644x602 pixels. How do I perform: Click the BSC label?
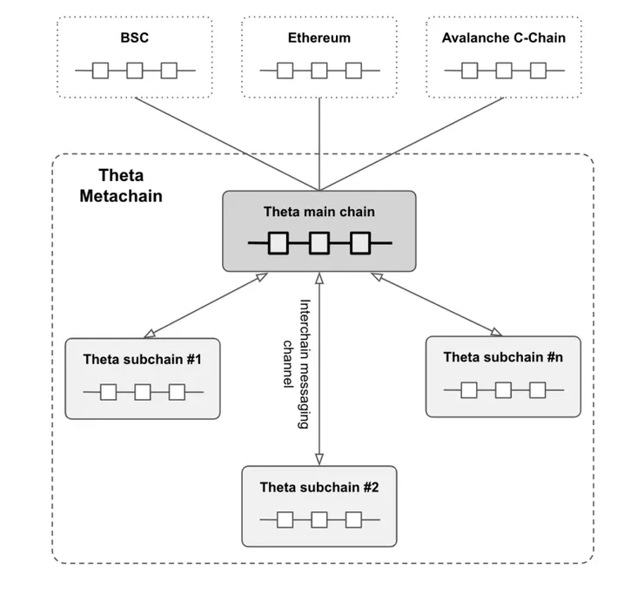coord(135,37)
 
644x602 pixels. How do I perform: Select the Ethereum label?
coord(319,37)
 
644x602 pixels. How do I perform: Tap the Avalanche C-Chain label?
coord(503,37)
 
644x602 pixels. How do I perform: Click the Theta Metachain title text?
coord(120,186)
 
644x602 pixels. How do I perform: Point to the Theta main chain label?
coord(319,211)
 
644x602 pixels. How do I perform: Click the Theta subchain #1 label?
coord(143,358)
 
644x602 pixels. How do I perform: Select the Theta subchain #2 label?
coord(319,486)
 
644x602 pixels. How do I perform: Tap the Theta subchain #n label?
coord(503,356)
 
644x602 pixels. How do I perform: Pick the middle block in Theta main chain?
coord(319,242)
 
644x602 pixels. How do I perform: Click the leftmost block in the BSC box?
coord(101,70)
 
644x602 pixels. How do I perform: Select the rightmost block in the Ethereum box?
coord(352,70)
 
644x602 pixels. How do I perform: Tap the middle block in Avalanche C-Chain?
coord(505,70)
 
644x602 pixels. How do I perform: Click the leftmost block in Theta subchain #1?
coord(108,392)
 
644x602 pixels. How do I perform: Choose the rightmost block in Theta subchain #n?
coord(538,389)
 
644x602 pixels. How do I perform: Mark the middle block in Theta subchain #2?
coord(319,520)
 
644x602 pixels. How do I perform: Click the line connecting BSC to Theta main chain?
coord(218,140)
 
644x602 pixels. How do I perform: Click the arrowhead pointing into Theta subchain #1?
coord(150,332)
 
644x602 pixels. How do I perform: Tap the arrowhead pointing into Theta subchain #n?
coord(495,331)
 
